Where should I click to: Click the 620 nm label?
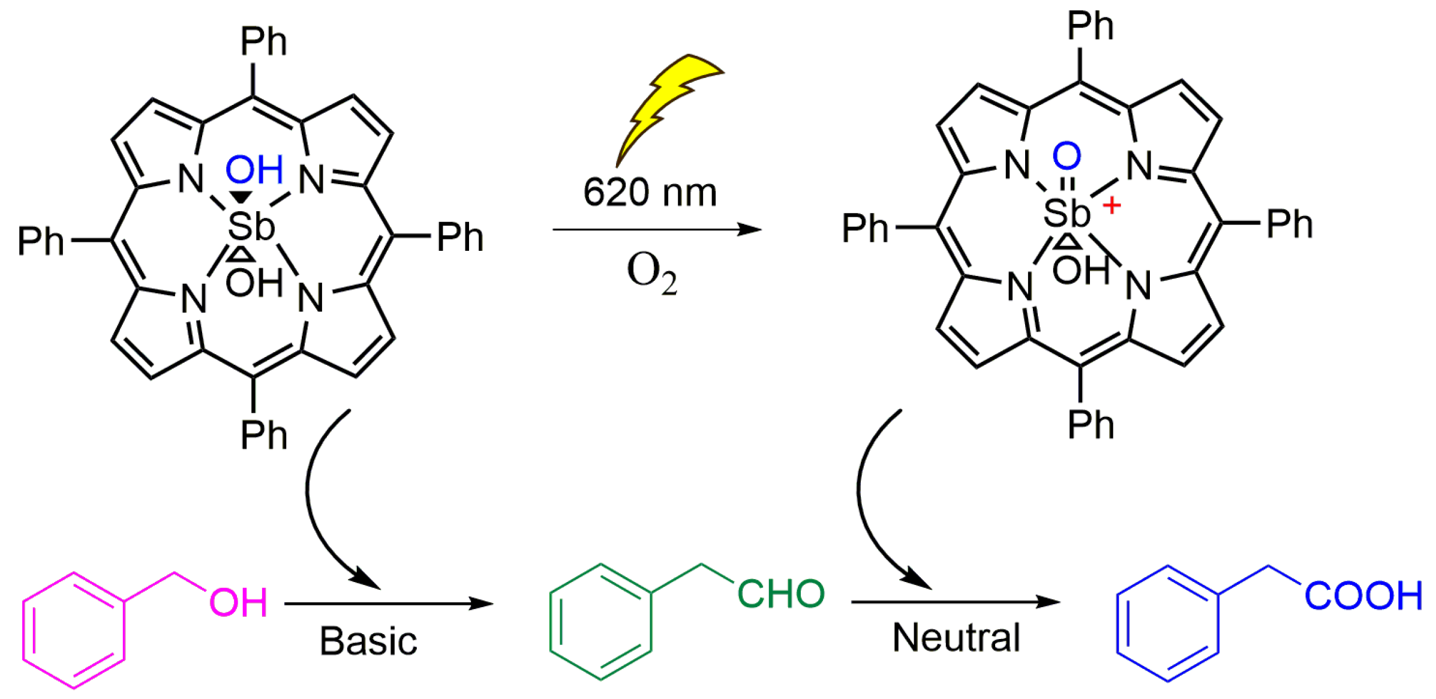(x=650, y=193)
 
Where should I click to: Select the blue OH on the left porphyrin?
(x=254, y=170)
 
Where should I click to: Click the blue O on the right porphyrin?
(x=1067, y=156)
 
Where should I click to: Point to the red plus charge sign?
(x=1111, y=206)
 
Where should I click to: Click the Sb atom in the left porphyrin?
(x=251, y=227)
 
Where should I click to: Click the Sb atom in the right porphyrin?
(x=1066, y=212)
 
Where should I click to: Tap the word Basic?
(x=368, y=641)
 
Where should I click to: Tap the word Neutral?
(x=956, y=637)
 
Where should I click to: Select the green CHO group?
(x=780, y=594)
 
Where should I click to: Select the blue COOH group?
(x=1363, y=596)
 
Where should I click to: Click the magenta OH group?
(x=238, y=602)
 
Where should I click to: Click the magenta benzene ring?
(x=74, y=630)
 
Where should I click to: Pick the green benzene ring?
(x=601, y=622)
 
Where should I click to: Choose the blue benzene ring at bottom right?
(x=1167, y=623)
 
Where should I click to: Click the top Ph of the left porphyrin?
(x=264, y=42)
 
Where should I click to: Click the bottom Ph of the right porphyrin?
(x=1090, y=425)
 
